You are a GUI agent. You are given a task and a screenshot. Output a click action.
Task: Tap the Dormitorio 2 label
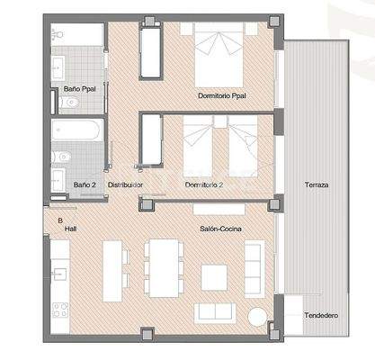pos(204,184)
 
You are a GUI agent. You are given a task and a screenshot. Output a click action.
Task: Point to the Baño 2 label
pos(84,184)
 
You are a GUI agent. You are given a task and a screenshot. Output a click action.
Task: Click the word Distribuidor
pos(126,184)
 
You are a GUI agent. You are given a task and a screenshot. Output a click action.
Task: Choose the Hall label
pos(69,229)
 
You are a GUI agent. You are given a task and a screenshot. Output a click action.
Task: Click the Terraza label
pos(316,184)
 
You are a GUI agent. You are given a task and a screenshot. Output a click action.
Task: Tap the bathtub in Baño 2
pos(78,130)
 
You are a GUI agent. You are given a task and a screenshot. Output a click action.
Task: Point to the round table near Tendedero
pos(258,317)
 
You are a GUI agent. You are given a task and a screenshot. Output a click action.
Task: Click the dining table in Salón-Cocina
pos(164,266)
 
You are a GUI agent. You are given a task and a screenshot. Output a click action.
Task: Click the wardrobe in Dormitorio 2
pos(151,140)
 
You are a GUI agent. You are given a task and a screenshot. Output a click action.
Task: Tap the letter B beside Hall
pos(60,220)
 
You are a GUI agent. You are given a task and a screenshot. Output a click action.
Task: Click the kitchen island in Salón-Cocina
pos(112,270)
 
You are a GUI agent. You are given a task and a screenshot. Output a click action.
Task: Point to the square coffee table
pos(214,276)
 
